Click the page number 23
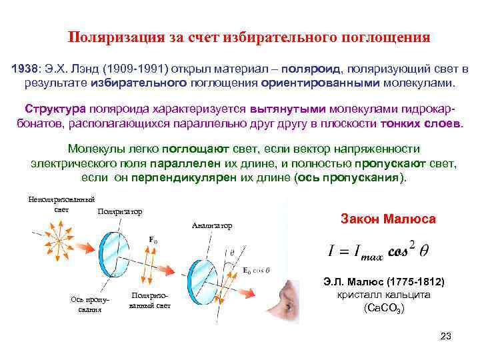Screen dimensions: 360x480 [x=446, y=335]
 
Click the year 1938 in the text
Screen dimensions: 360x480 [x=26, y=69]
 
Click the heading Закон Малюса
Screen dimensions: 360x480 [x=387, y=219]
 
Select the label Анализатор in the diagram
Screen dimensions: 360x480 [x=211, y=226]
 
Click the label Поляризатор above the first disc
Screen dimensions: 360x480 [x=120, y=212]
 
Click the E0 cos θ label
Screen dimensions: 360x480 [x=257, y=270]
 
